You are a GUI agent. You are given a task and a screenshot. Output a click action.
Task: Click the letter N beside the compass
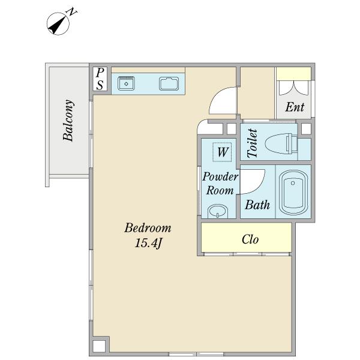[71, 12]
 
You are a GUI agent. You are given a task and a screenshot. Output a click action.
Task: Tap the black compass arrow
[57, 25]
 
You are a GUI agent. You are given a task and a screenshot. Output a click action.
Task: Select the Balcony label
[68, 120]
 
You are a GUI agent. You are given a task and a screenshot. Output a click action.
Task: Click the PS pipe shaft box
[100, 79]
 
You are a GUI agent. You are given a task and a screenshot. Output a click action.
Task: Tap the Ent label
[295, 107]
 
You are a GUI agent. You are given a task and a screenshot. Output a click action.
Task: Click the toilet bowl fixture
[281, 144]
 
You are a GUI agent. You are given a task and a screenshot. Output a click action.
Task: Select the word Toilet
[252, 143]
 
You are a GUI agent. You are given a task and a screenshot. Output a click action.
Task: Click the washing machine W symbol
[222, 152]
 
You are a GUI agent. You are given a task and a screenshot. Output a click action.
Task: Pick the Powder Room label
[220, 184]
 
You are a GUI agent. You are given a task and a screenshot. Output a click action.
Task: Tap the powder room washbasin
[218, 211]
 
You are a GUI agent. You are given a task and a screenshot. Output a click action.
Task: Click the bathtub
[293, 193]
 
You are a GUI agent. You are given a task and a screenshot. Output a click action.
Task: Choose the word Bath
[257, 205]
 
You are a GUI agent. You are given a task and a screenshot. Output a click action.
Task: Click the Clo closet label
[250, 239]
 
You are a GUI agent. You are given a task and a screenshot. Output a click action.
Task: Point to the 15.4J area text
[148, 243]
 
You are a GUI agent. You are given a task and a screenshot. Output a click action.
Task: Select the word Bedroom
[148, 228]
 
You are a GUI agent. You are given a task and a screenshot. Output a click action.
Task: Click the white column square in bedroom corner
[99, 346]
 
